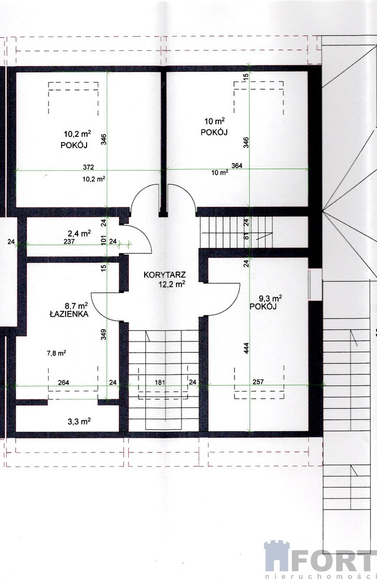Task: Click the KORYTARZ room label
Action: click(x=164, y=275)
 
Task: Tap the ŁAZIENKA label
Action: click(x=69, y=314)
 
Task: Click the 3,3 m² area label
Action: click(x=79, y=421)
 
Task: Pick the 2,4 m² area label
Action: click(x=79, y=233)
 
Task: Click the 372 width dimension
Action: click(x=88, y=167)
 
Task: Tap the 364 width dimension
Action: click(x=237, y=166)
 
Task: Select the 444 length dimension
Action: click(x=246, y=348)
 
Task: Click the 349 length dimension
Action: click(x=104, y=335)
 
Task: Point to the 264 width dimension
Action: click(x=63, y=383)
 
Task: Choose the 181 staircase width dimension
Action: click(x=159, y=383)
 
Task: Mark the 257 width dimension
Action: click(x=258, y=382)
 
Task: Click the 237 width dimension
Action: click(x=69, y=242)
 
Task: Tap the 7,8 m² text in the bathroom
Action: click(x=56, y=353)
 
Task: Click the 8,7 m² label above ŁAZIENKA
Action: click(x=76, y=305)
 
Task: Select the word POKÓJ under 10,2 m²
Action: click(x=74, y=145)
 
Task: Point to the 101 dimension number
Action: click(x=104, y=240)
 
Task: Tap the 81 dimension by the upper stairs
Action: click(x=246, y=237)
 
